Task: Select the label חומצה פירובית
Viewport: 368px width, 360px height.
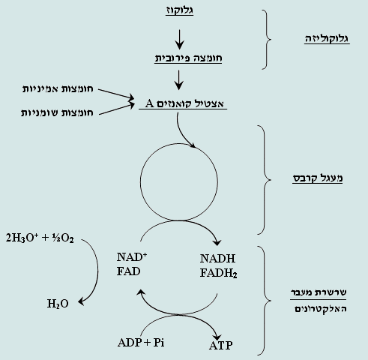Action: click(179, 57)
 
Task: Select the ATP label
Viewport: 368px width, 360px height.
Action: click(220, 346)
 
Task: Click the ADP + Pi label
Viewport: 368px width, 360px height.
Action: click(140, 343)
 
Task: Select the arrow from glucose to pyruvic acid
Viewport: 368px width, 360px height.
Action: click(179, 35)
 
